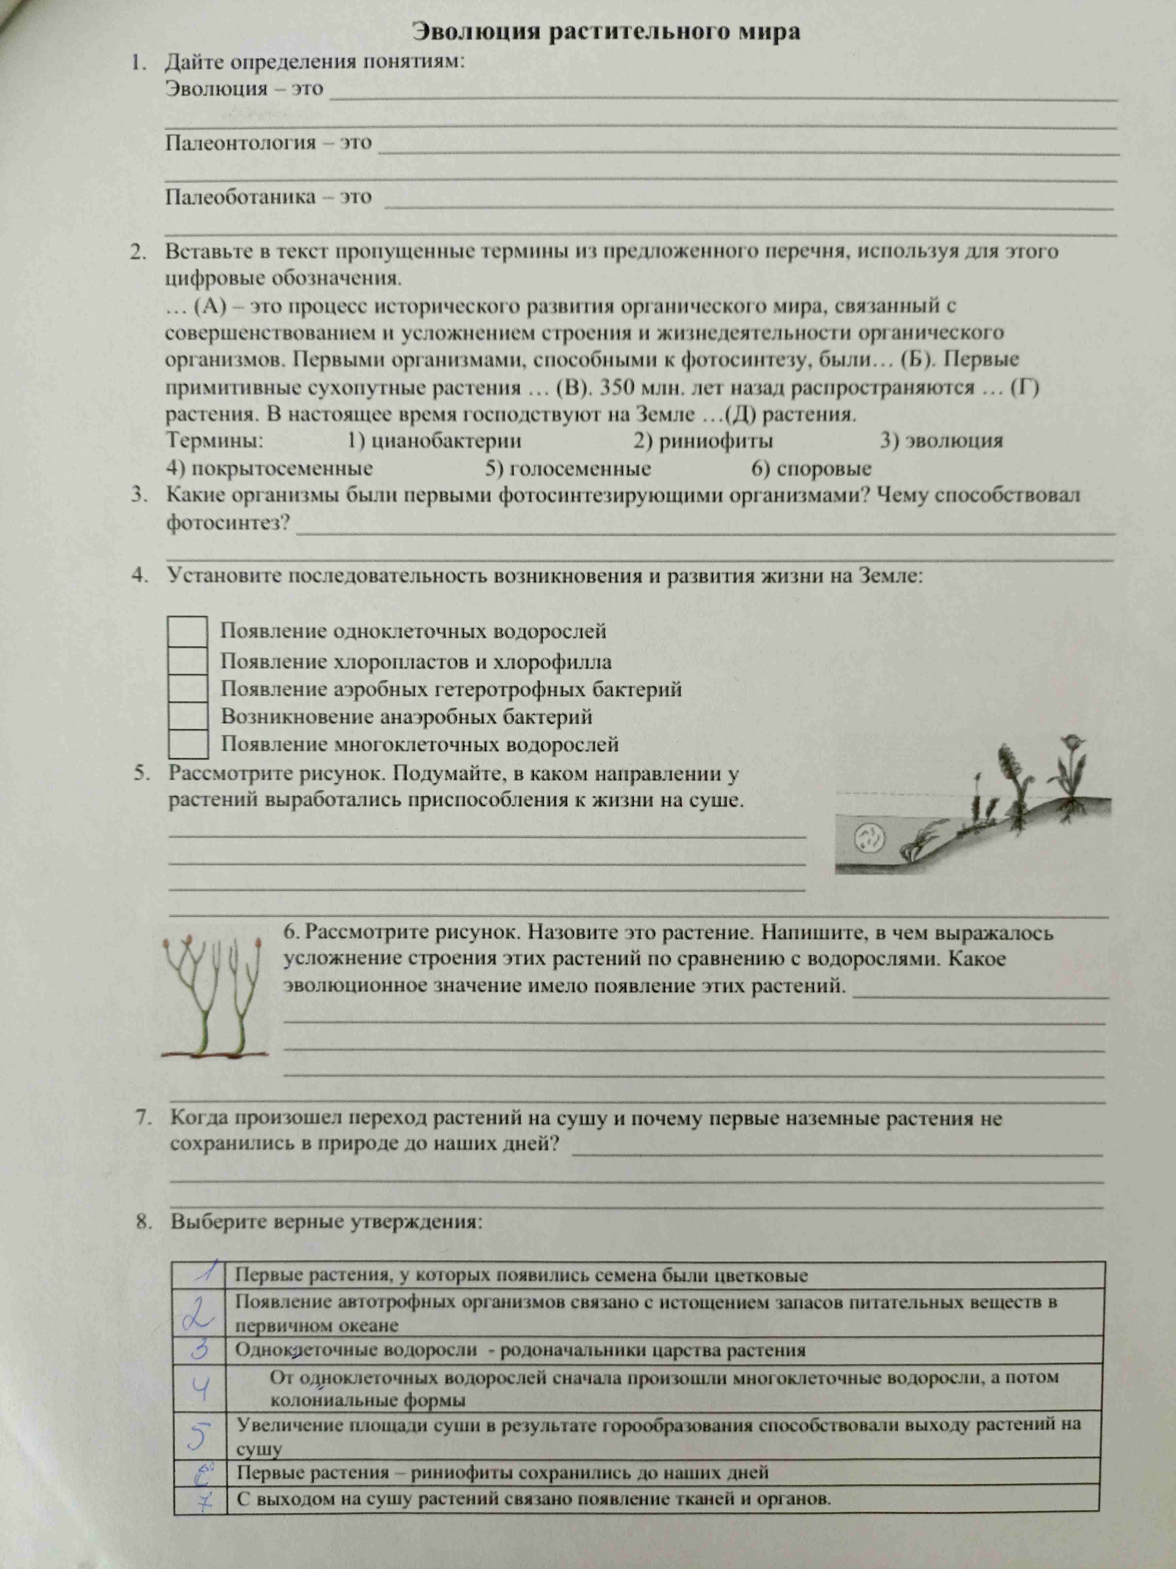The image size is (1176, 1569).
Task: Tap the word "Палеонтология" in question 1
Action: click(240, 143)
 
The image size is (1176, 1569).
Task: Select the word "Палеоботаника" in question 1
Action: click(240, 196)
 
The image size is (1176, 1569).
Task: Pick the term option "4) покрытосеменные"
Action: click(269, 468)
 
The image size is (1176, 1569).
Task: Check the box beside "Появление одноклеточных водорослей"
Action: click(188, 631)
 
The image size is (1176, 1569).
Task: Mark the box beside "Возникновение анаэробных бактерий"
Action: click(188, 717)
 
